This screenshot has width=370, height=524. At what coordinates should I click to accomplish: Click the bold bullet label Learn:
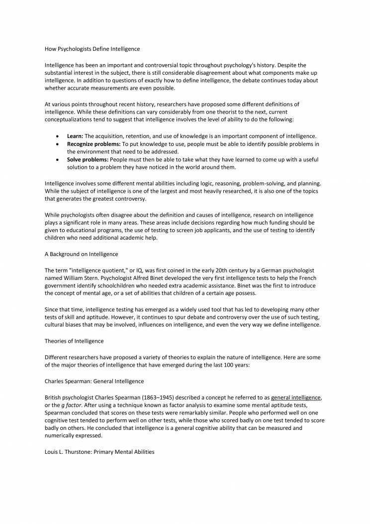coord(75,136)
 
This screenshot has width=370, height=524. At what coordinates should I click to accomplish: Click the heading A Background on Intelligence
coord(81,254)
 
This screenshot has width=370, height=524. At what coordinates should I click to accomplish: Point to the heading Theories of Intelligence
coord(75,341)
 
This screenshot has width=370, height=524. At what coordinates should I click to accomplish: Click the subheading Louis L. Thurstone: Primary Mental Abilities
coord(99,452)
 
